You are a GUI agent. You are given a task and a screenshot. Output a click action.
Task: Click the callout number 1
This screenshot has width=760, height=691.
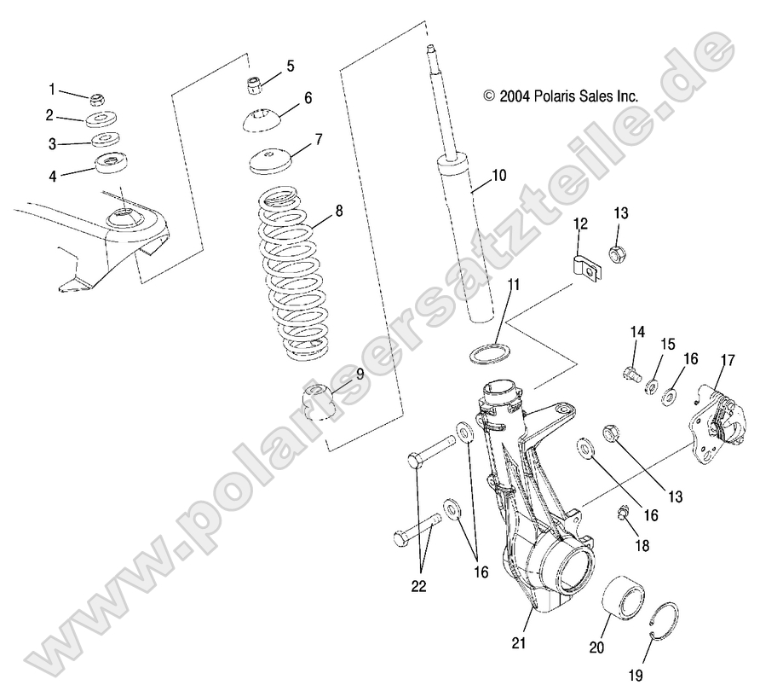point(52,89)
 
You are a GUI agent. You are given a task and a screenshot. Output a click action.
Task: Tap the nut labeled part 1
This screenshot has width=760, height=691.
point(98,98)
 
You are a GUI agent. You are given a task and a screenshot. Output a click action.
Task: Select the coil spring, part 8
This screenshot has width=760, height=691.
point(291,273)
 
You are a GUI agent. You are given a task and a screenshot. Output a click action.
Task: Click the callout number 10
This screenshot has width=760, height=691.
point(498,176)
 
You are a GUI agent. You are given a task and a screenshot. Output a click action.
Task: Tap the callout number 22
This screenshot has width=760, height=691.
point(419,586)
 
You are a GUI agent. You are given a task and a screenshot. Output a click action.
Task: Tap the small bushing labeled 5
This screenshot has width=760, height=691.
point(253,84)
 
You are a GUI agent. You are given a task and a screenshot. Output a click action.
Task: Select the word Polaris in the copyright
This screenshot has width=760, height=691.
point(557,96)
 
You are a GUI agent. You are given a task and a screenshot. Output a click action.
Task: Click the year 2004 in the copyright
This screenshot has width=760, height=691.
point(515,96)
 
